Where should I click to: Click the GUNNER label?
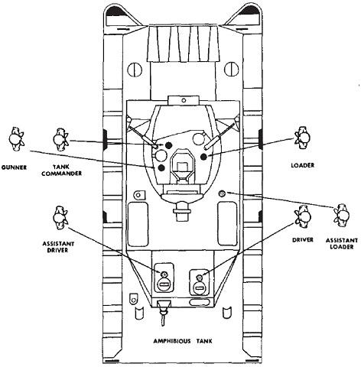tap(14, 167)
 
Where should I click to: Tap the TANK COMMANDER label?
tap(62, 171)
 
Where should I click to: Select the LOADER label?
tap(303, 165)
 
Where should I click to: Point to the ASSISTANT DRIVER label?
tap(58, 247)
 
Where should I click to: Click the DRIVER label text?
tap(303, 240)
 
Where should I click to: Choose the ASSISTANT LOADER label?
tap(342, 244)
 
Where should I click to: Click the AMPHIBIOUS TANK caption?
tap(183, 341)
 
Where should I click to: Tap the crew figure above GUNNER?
tap(16, 139)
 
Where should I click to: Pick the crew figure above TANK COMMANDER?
tap(60, 140)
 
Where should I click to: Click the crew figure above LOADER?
tap(302, 138)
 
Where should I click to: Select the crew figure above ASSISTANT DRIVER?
tap(60, 217)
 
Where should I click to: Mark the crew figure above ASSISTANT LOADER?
tap(342, 216)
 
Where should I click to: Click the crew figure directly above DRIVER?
tap(303, 216)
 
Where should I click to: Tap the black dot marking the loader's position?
tap(203, 157)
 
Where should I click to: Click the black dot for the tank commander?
tap(167, 145)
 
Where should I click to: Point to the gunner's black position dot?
tap(161, 167)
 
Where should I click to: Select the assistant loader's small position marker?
tap(222, 193)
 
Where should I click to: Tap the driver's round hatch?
tap(199, 287)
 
